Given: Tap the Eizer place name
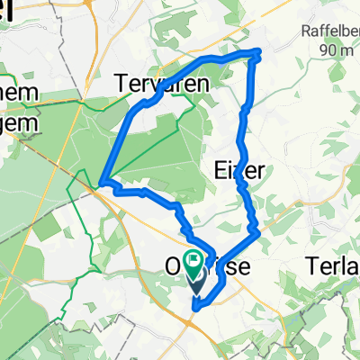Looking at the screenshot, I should pyautogui.click(x=238, y=170).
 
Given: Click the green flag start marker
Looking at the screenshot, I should pyautogui.click(x=193, y=263).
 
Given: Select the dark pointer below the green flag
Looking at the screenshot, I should pyautogui.click(x=193, y=283).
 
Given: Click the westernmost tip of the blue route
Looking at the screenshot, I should pyautogui.click(x=102, y=183).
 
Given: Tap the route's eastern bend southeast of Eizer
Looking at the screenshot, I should pyautogui.click(x=259, y=233).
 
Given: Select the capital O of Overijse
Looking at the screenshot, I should pyautogui.click(x=175, y=269).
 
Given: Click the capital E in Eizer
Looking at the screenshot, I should pyautogui.click(x=220, y=170).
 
